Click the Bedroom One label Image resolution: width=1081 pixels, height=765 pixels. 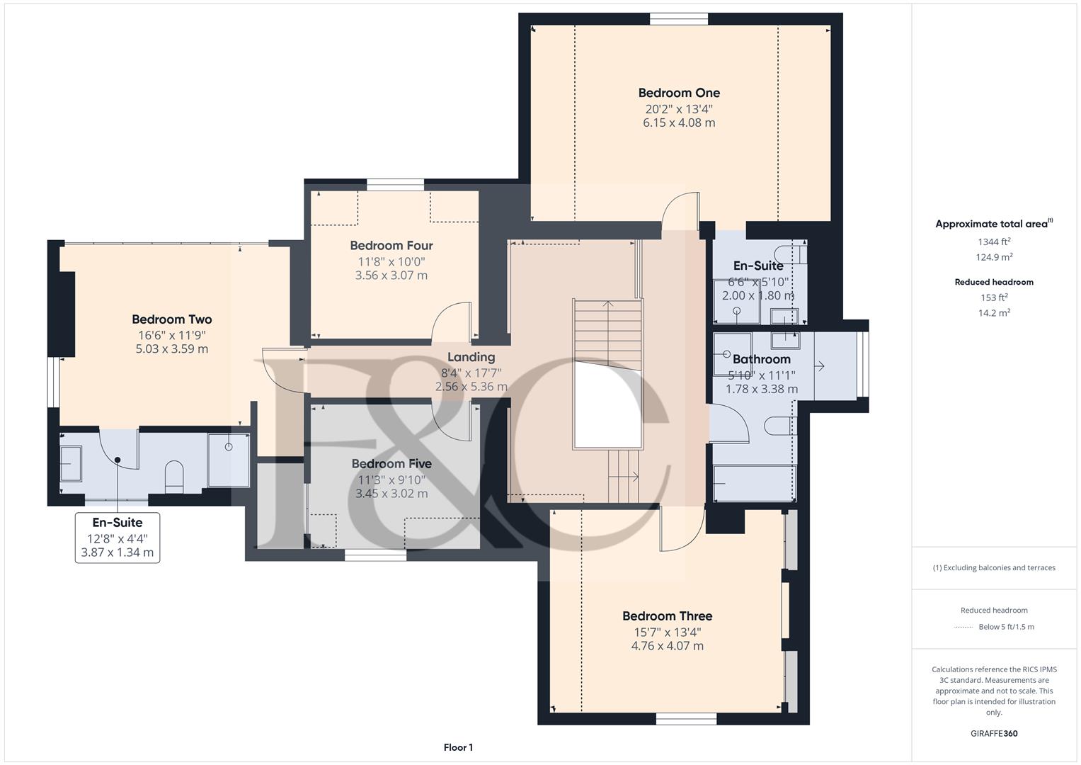(x=678, y=93)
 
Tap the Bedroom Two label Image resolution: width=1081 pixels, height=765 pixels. (x=172, y=319)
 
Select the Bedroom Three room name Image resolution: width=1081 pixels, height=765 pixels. (x=667, y=616)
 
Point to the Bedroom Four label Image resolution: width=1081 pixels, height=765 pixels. (x=391, y=245)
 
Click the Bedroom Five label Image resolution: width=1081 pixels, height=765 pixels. (x=391, y=464)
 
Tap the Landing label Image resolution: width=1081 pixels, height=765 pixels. (x=471, y=358)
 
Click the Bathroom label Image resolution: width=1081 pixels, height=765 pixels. (x=762, y=359)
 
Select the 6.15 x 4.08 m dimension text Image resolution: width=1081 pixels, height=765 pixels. (x=678, y=123)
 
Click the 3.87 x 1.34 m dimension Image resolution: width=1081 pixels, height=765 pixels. (x=118, y=552)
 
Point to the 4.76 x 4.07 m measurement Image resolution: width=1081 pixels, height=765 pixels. (x=667, y=646)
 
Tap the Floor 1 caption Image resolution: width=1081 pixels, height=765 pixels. (x=458, y=747)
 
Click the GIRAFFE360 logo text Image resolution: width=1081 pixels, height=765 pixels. (x=994, y=734)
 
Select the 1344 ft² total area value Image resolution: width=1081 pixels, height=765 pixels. (x=994, y=242)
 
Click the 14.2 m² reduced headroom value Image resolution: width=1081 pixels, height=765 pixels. (x=994, y=312)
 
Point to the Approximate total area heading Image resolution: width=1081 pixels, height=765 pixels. (x=994, y=224)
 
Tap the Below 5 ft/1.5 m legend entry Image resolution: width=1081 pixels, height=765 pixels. (x=1006, y=627)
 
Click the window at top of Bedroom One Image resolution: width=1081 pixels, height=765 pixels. (x=678, y=19)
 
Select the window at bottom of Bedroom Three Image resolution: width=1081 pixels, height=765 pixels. (x=686, y=719)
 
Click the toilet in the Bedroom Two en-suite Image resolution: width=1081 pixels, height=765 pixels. (x=173, y=477)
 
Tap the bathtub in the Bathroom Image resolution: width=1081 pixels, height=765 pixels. (x=755, y=483)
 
